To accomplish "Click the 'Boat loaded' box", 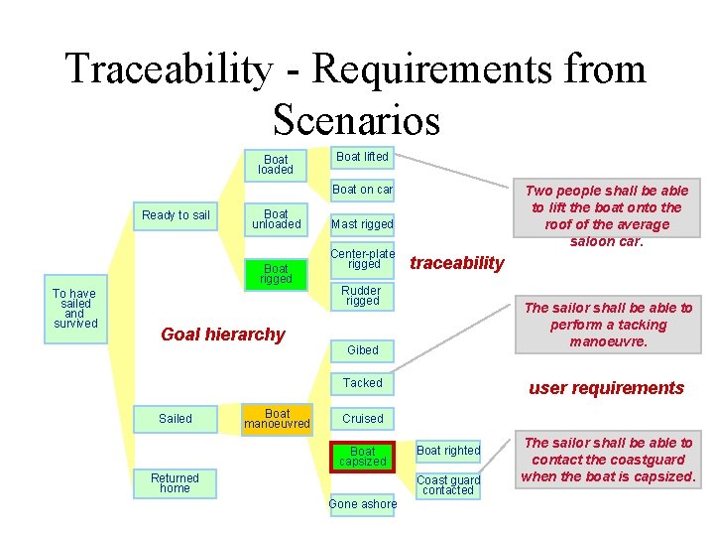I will tap(276, 165).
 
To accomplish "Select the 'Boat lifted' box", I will tap(362, 157).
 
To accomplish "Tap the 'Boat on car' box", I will tap(362, 190).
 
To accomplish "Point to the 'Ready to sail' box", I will tap(176, 215).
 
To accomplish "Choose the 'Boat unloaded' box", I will tap(276, 218).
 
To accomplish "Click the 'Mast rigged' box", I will tap(362, 224).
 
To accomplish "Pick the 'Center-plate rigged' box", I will tap(362, 258).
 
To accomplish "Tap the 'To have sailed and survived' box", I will tap(74, 308).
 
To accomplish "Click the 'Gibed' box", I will tap(362, 350).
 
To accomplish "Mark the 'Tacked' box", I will tap(362, 383).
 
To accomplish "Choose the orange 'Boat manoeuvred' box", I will tap(277, 419).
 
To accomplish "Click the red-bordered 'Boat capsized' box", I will tap(362, 457).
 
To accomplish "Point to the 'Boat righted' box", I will tap(448, 451).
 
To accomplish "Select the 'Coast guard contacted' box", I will tap(448, 484).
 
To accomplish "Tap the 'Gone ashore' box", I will tap(362, 504).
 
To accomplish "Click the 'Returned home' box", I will tap(175, 483).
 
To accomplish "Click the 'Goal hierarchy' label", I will tap(222, 335).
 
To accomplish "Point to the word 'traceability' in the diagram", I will tap(457, 263).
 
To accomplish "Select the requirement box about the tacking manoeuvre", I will tap(608, 325).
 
